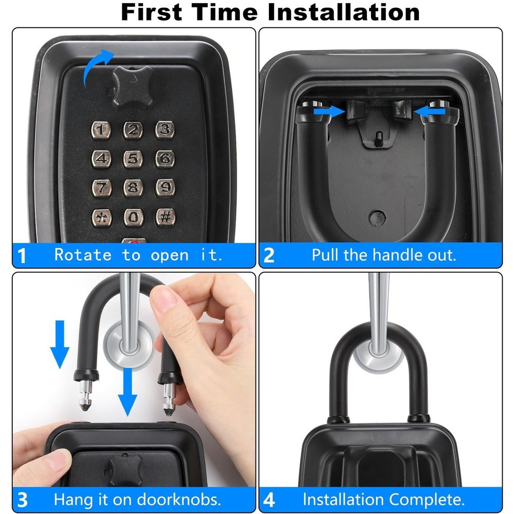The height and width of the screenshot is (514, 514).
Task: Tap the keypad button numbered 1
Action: pyautogui.click(x=101, y=131)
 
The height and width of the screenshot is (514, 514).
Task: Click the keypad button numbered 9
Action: pyautogui.click(x=164, y=188)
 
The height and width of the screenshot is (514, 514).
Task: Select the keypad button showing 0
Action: pyautogui.click(x=133, y=217)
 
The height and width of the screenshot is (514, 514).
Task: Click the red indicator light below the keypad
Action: pyautogui.click(x=134, y=242)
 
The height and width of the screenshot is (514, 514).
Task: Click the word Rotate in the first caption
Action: pyautogui.click(x=83, y=255)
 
